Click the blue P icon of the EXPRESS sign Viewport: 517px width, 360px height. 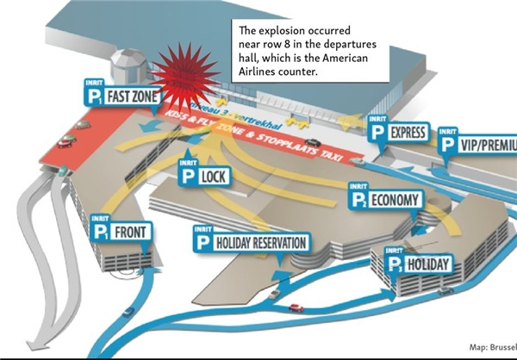point(376,133)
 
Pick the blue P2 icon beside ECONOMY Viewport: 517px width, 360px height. point(358,202)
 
